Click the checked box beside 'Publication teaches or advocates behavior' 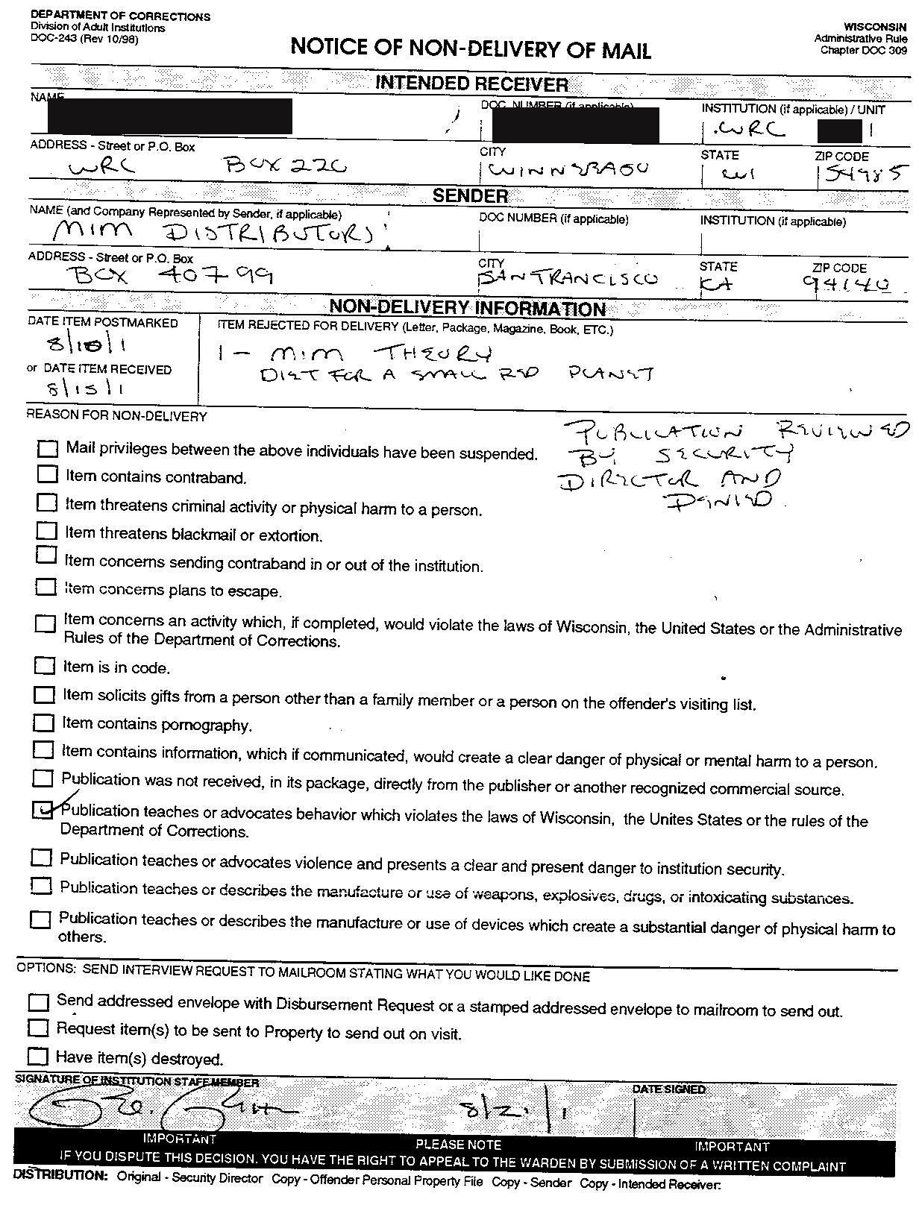43,810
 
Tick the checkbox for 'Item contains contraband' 47,473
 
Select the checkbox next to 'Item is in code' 45,664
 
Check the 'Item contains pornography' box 44,722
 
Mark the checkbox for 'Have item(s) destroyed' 37,1056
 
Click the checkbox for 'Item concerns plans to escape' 46,587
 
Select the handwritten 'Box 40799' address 172,276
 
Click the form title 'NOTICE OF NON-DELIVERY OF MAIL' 471,49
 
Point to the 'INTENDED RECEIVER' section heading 471,84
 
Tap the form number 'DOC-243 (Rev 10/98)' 84,39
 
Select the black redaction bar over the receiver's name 169,116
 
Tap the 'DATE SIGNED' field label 668,1089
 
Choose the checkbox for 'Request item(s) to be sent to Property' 37,1028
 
